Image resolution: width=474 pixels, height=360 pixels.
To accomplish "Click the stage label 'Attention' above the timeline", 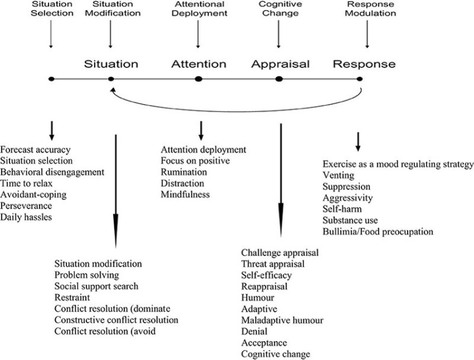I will click(x=199, y=63).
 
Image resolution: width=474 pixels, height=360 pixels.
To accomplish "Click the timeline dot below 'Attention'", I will click(x=199, y=79).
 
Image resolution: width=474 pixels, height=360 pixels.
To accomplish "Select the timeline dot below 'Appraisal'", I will click(x=279, y=79).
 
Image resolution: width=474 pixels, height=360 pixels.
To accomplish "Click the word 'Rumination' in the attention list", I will click(x=184, y=172).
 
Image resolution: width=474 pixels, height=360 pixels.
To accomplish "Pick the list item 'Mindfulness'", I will click(x=185, y=194).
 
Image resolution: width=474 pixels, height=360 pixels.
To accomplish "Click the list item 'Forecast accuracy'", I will click(x=36, y=149).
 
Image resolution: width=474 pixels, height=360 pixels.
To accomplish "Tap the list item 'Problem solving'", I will click(x=87, y=275).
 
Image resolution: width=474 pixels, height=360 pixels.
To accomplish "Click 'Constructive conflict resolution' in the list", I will click(x=116, y=320).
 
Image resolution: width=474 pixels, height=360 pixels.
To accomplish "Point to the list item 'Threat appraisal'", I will click(x=273, y=263).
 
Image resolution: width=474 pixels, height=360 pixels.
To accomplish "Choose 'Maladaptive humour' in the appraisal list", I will click(x=282, y=320).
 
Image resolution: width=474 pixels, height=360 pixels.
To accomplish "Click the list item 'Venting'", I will click(x=338, y=175).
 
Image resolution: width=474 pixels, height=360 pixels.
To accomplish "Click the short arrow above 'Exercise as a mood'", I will click(x=358, y=141).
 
